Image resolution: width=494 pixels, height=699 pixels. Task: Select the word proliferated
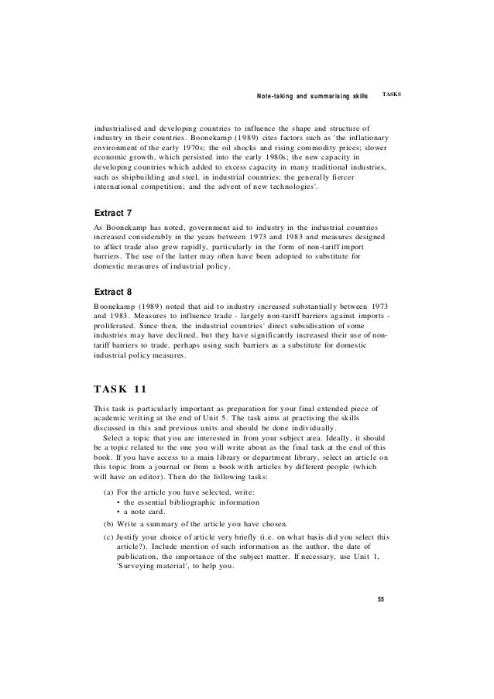(x=117, y=327)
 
